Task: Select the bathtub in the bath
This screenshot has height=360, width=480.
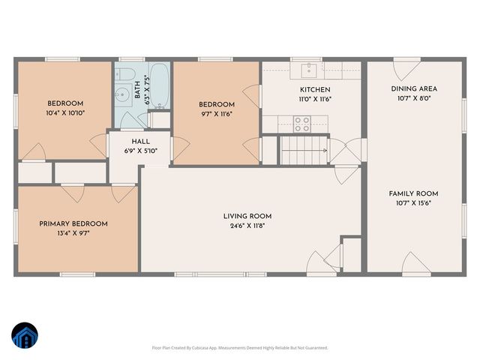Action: pos(160,85)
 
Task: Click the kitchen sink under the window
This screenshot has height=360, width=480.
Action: pos(308,70)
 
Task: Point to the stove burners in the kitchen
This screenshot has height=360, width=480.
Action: pos(301,123)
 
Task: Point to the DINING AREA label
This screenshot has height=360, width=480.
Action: pos(414,88)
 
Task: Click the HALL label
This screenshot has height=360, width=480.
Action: pos(141,140)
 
